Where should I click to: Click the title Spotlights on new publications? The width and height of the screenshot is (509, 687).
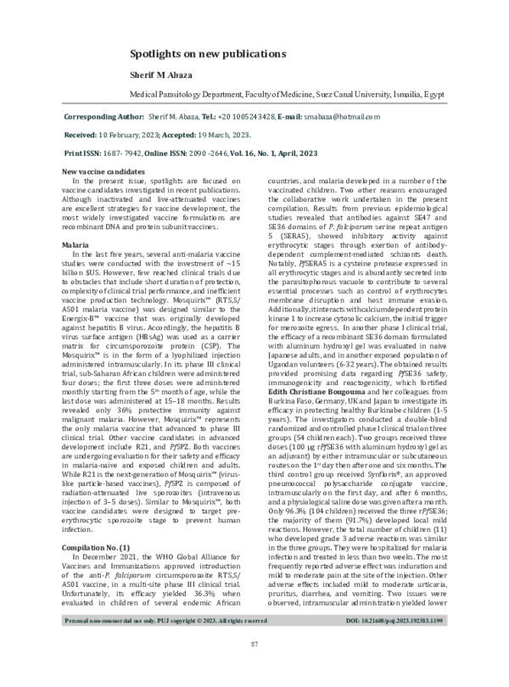207,53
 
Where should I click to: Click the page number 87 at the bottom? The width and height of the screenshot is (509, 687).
254,670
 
